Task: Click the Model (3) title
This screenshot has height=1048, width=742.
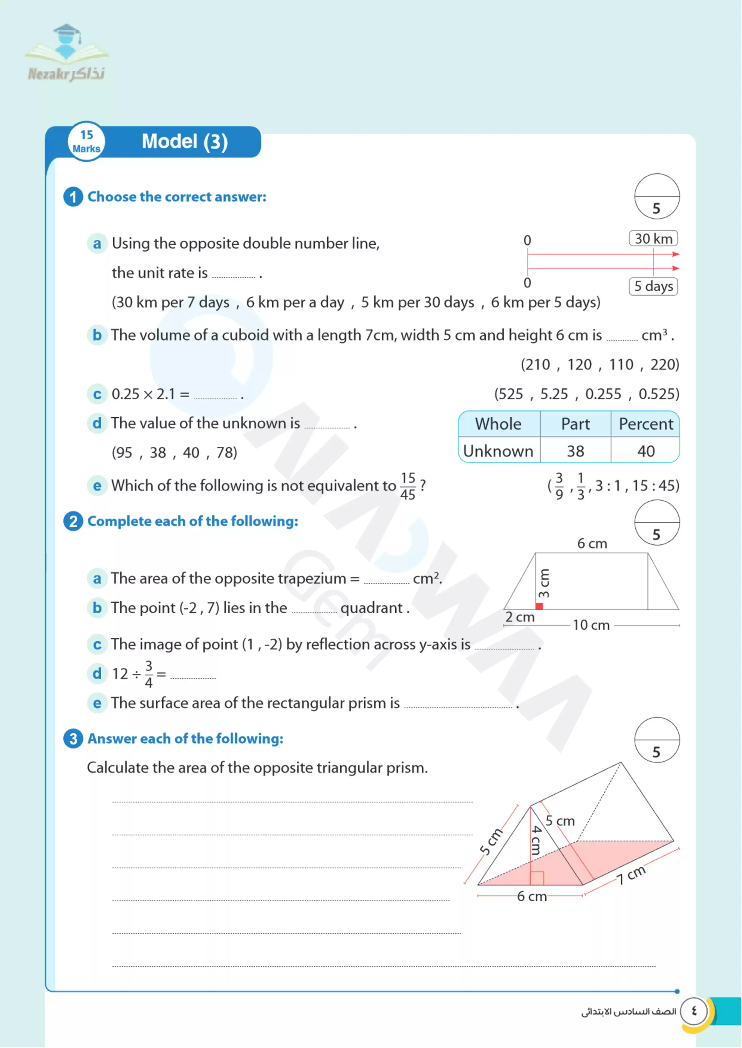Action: pyautogui.click(x=185, y=142)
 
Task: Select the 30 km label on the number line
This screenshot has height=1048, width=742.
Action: pyautogui.click(x=653, y=238)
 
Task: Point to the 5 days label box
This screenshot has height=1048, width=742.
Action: pyautogui.click(x=653, y=286)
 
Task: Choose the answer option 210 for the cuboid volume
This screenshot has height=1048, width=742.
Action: pyautogui.click(x=536, y=365)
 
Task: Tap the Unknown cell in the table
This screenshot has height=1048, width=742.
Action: pyautogui.click(x=498, y=451)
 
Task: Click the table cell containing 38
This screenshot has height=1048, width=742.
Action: pyautogui.click(x=575, y=451)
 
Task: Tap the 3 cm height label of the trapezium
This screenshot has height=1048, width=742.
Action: pyautogui.click(x=544, y=583)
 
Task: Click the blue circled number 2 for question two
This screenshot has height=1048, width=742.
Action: pyautogui.click(x=73, y=521)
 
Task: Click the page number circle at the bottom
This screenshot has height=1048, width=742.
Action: pyautogui.click(x=694, y=1011)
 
